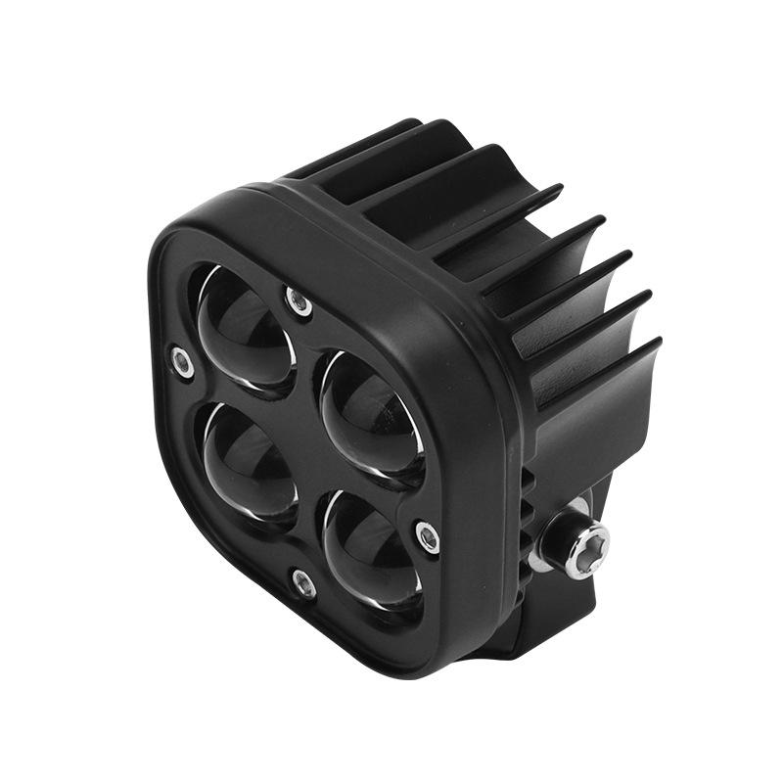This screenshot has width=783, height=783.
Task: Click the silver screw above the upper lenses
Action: coord(300,302)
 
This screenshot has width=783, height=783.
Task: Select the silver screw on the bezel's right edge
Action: coord(427,535)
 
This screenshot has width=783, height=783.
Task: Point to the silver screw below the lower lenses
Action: coord(303,584)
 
